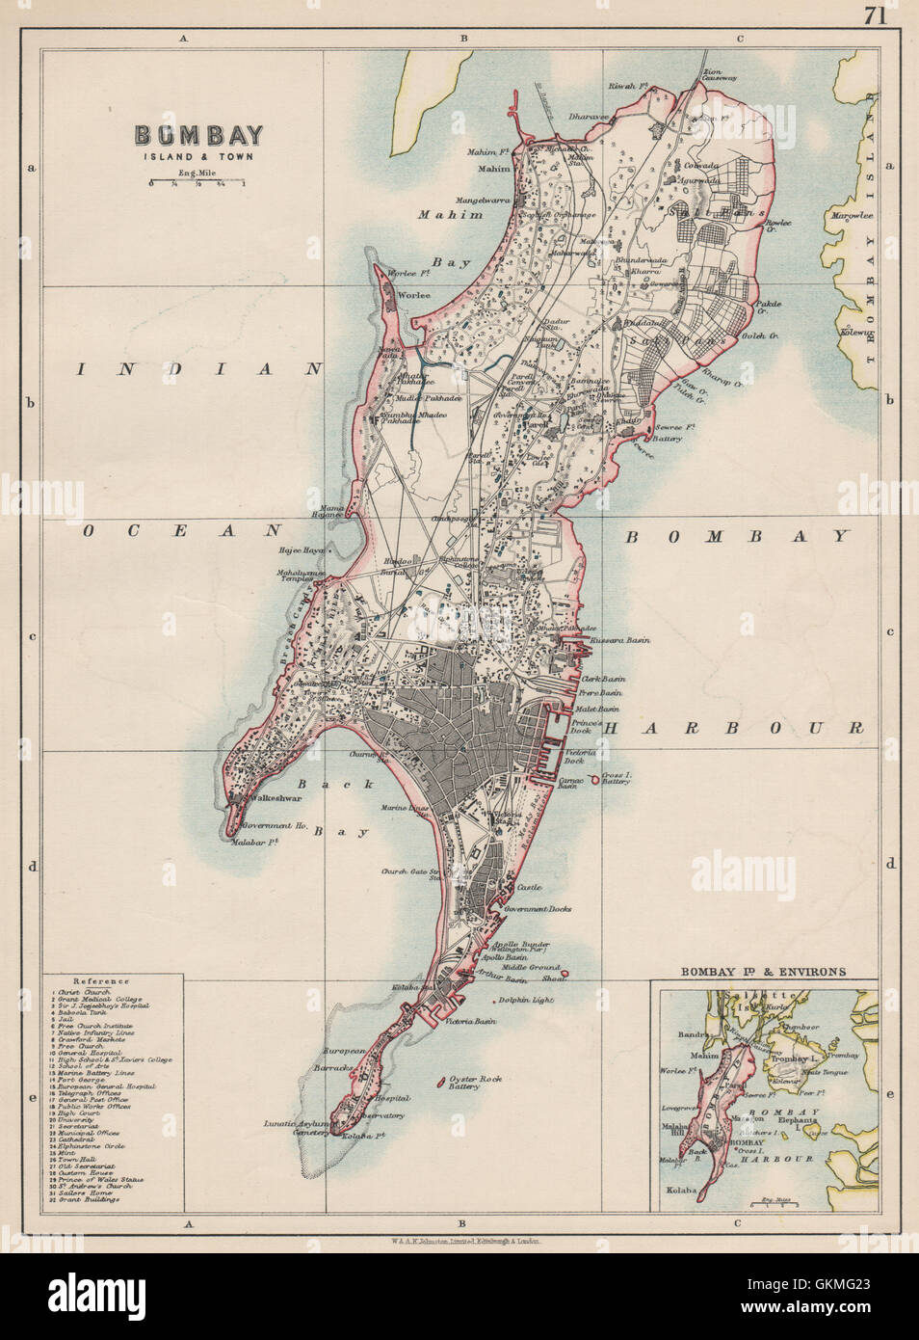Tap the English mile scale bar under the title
pos(197,182)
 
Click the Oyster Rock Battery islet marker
pos(442,1080)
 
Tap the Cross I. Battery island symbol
pos(593,778)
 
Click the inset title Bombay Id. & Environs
pos(764,972)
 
